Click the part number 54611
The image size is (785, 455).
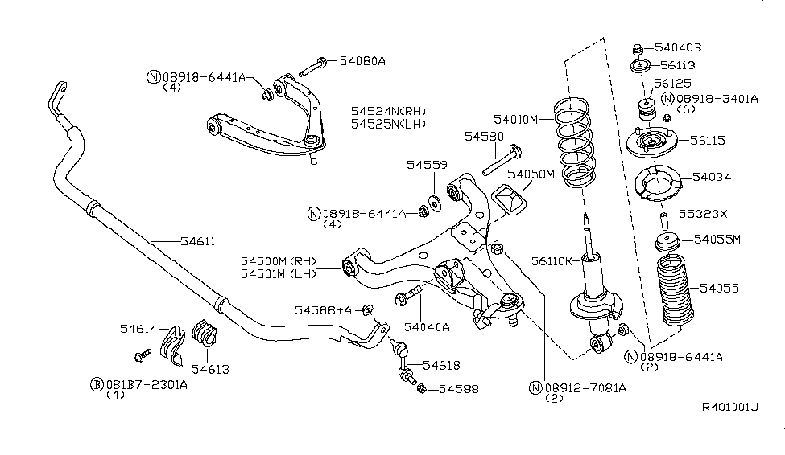[176, 240]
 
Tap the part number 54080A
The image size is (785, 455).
[362, 60]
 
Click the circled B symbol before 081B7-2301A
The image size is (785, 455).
[95, 384]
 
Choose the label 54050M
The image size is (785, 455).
[531, 174]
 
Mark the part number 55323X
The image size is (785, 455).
[702, 214]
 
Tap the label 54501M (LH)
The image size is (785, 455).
[279, 274]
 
